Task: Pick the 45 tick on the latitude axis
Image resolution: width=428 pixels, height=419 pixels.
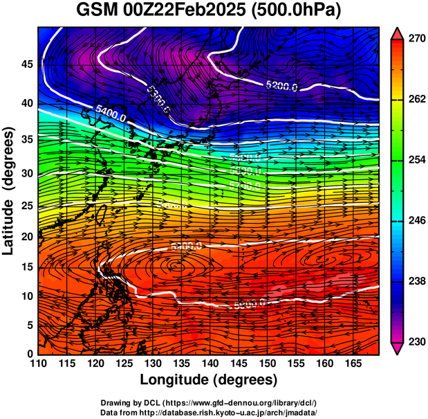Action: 27,64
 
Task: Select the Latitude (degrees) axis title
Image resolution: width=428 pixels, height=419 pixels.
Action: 9,190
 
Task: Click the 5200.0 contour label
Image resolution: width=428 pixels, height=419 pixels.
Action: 281,86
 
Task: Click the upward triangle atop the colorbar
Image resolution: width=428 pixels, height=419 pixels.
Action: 398,32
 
